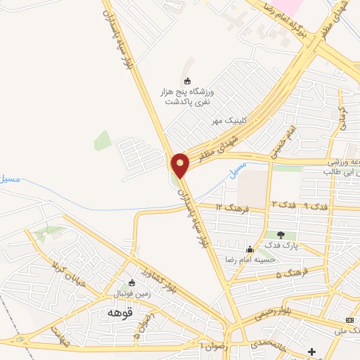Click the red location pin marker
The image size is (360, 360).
pyautogui.click(x=180, y=165)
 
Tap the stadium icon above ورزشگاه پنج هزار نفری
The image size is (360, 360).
pyautogui.click(x=186, y=81)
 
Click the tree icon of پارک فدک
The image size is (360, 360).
pyautogui.click(x=281, y=235)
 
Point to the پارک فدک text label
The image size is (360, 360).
pyautogui.click(x=281, y=245)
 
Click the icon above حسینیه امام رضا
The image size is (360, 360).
pyautogui.click(x=249, y=249)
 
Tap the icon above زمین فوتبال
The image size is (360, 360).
pyautogui.click(x=131, y=283)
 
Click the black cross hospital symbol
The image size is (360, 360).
pyautogui.click(x=312, y=352)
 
